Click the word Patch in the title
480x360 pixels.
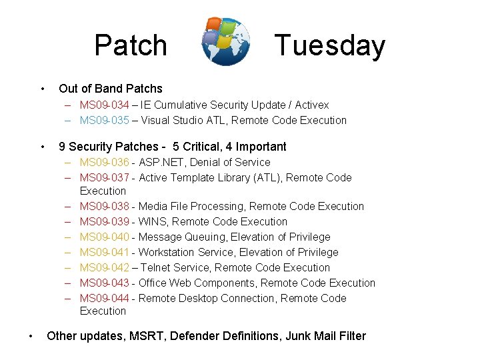131,45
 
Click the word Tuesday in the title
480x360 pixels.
330,45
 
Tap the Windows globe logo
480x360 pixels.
226,41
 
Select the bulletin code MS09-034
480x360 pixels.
104,105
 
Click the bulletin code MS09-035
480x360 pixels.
104,120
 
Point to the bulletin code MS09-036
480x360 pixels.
104,162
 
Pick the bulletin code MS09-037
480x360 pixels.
104,177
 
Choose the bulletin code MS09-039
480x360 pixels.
104,221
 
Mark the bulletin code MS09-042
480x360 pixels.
104,267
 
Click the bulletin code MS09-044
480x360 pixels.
104,298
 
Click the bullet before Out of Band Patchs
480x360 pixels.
42,89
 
